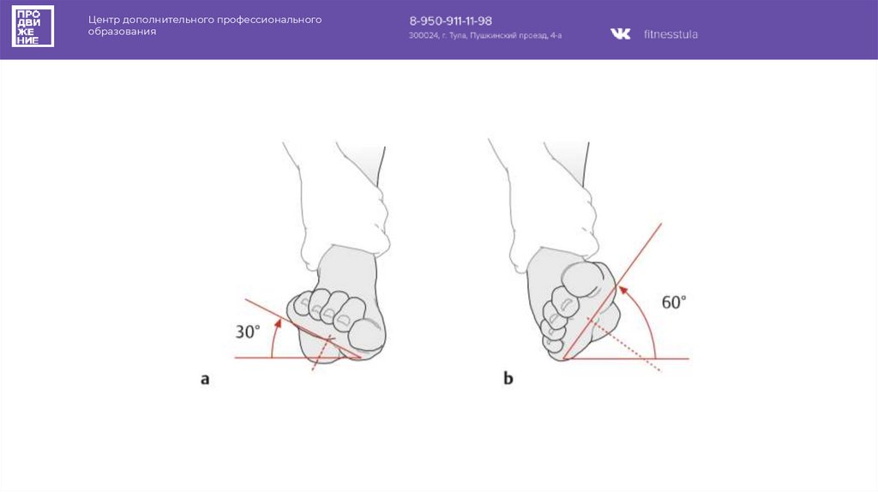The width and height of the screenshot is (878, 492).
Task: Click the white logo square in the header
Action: click(x=33, y=27)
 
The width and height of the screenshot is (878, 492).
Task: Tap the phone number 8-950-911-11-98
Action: click(x=451, y=21)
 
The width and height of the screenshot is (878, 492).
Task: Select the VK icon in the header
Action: click(x=621, y=34)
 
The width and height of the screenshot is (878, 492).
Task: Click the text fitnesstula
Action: click(x=671, y=34)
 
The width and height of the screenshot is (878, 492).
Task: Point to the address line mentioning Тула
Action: click(x=485, y=36)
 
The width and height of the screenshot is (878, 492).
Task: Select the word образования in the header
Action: click(x=122, y=32)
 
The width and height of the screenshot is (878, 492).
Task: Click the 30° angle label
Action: click(x=248, y=332)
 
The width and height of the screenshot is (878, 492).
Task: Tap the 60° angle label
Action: click(x=674, y=303)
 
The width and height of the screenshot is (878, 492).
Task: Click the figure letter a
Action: click(x=205, y=380)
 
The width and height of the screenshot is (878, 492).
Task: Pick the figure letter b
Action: click(x=508, y=378)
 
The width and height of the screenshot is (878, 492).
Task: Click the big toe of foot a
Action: click(x=367, y=335)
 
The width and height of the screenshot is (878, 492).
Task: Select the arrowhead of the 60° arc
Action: click(x=622, y=291)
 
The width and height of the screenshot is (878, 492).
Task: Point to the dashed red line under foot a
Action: click(x=322, y=352)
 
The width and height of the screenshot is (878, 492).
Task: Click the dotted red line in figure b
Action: click(x=624, y=345)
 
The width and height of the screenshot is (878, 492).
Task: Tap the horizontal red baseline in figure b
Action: click(x=626, y=358)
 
